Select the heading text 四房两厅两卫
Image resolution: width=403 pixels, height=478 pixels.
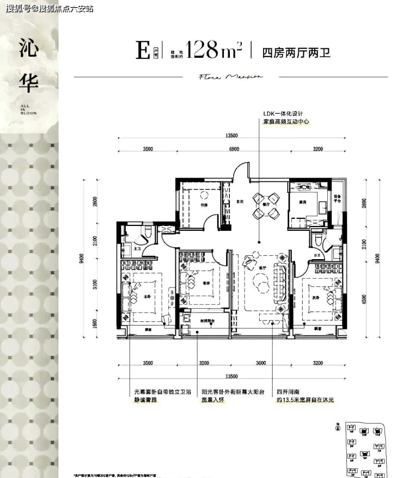296,53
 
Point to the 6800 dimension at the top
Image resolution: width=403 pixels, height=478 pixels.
234,149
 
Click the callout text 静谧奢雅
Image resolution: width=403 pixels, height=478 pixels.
147,400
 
